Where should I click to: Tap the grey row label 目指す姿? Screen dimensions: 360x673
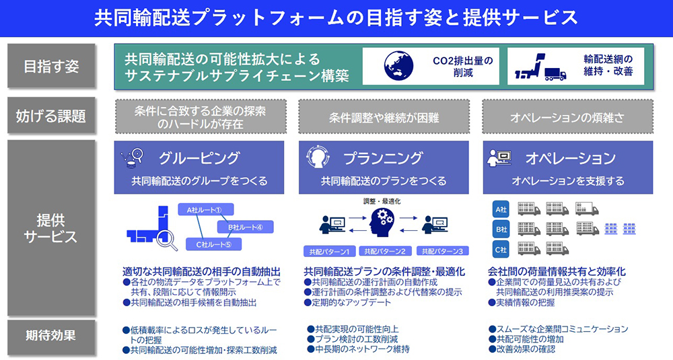pos(51,66)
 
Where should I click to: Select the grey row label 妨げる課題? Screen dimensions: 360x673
pos(51,115)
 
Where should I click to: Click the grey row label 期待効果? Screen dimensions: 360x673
pos(51,334)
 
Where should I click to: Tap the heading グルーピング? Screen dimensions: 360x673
pos(199,158)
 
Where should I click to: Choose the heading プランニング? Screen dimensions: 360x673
pos(383,158)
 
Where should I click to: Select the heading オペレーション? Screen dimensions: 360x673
pos(570,158)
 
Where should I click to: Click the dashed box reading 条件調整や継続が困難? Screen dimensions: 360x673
pos(384,118)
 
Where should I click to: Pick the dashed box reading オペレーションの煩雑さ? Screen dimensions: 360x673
pos(567,118)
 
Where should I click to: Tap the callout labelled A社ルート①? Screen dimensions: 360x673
pos(205,209)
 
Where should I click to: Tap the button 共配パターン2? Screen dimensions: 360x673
pos(385,251)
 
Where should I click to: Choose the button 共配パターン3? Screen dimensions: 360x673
pos(442,251)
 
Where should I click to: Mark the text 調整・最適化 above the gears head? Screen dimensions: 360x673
pos(382,201)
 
